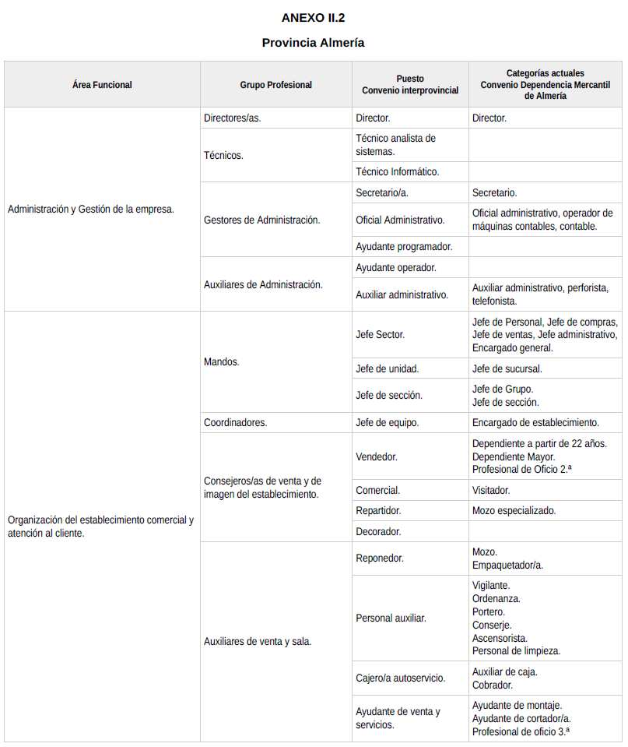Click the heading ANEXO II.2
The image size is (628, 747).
313,17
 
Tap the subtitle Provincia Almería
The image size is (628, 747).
313,43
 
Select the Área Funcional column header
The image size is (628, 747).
102,85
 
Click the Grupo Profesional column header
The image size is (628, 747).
275,85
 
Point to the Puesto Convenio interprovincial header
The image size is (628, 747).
410,85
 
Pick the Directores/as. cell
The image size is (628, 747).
232,118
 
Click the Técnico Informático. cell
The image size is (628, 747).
398,171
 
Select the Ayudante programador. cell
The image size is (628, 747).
404,246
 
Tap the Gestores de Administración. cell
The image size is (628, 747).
261,220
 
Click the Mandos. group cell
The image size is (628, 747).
222,362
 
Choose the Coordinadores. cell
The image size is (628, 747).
235,422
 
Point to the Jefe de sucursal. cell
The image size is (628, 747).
507,368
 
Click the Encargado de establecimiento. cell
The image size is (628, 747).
535,422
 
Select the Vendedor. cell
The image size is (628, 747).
377,456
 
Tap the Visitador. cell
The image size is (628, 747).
491,491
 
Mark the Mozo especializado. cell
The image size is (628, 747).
514,511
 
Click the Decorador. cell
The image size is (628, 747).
378,531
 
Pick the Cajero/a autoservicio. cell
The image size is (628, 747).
401,678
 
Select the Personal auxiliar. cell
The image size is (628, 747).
391,618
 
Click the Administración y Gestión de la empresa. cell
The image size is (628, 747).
91,209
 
